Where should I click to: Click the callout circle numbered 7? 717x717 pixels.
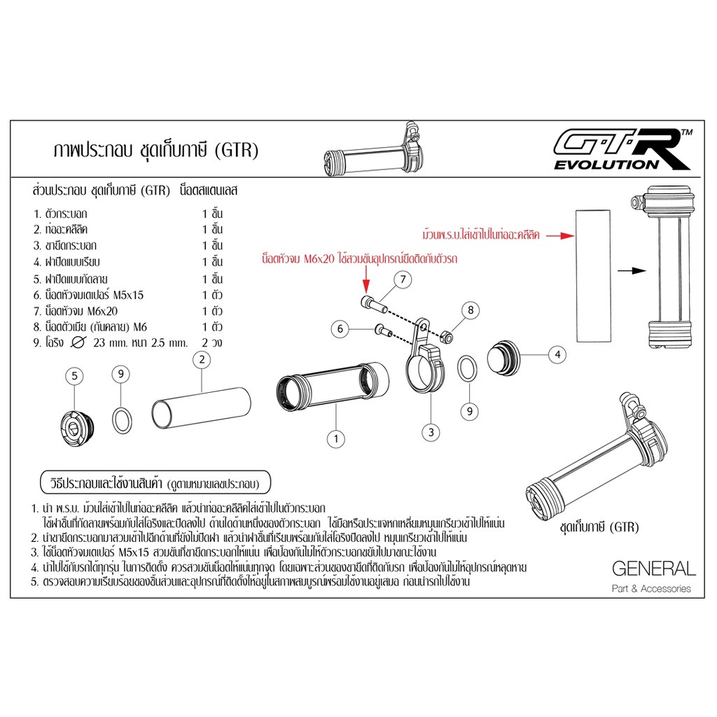[403, 279]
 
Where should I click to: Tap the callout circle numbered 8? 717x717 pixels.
[471, 310]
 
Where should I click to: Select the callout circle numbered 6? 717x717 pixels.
[340, 329]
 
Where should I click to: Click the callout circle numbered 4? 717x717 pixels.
[557, 354]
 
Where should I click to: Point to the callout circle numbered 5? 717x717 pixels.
[74, 376]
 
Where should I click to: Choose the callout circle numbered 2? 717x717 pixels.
[202, 360]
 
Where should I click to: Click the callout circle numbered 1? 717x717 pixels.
[336, 439]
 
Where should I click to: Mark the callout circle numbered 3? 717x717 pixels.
[431, 432]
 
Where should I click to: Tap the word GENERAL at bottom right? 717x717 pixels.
[653, 569]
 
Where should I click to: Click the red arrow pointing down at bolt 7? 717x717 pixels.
[366, 280]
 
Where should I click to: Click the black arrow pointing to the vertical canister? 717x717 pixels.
[632, 271]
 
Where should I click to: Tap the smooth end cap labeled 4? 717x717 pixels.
[503, 358]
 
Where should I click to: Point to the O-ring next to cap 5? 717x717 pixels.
[123, 421]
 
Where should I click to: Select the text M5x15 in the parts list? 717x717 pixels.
[128, 295]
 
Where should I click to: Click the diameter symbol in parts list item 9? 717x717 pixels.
[78, 342]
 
